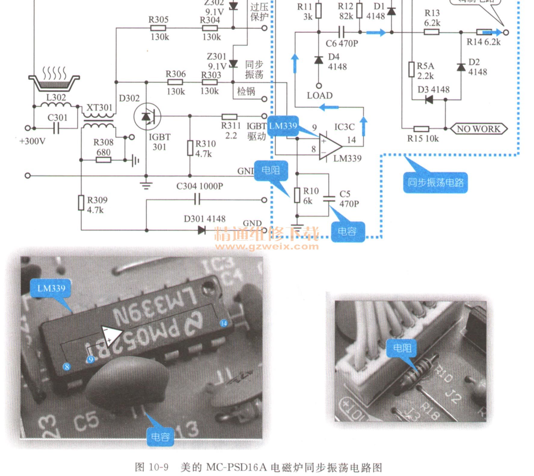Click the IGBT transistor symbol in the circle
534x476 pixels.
(147, 116)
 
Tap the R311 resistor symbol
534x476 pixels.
(229, 116)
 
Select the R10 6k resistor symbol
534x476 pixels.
(297, 195)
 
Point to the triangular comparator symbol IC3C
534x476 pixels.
(330, 146)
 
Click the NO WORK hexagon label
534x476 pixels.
(479, 129)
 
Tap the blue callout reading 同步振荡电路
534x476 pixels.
(435, 182)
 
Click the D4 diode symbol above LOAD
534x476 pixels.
(319, 60)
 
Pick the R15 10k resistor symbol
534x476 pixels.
(421, 129)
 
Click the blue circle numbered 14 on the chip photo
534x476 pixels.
(223, 323)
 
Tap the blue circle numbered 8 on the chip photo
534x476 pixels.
(67, 366)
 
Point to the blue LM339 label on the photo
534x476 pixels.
(51, 288)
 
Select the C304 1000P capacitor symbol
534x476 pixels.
(197, 199)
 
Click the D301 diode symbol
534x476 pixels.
(201, 230)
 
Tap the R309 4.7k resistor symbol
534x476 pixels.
(81, 202)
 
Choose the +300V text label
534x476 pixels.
(32, 141)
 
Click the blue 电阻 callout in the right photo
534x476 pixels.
(402, 348)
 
